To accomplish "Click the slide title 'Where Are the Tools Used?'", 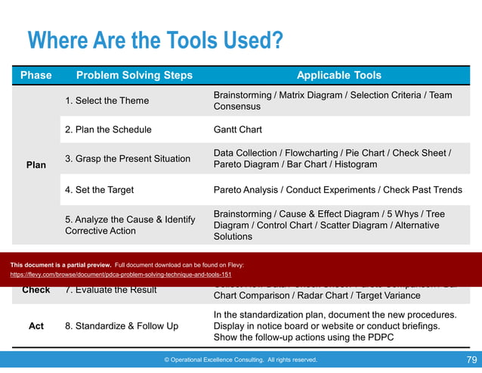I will click(155, 39).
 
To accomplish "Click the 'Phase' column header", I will click(36, 75).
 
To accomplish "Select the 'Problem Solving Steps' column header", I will click(134, 75).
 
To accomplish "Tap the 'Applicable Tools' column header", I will click(338, 75).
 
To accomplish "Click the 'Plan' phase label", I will click(36, 164).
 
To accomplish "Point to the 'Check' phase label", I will click(36, 290).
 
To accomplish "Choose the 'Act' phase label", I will click(36, 326).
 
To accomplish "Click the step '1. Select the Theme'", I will click(107, 101).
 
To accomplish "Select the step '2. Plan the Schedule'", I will click(108, 129).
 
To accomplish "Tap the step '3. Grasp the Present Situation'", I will click(127, 159).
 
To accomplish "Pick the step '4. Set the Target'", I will click(100, 189).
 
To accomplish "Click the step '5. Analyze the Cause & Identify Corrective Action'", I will click(130, 225).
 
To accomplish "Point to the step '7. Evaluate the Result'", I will click(110, 290).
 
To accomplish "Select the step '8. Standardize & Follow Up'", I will click(122, 326).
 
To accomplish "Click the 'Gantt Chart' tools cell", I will click(238, 129).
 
